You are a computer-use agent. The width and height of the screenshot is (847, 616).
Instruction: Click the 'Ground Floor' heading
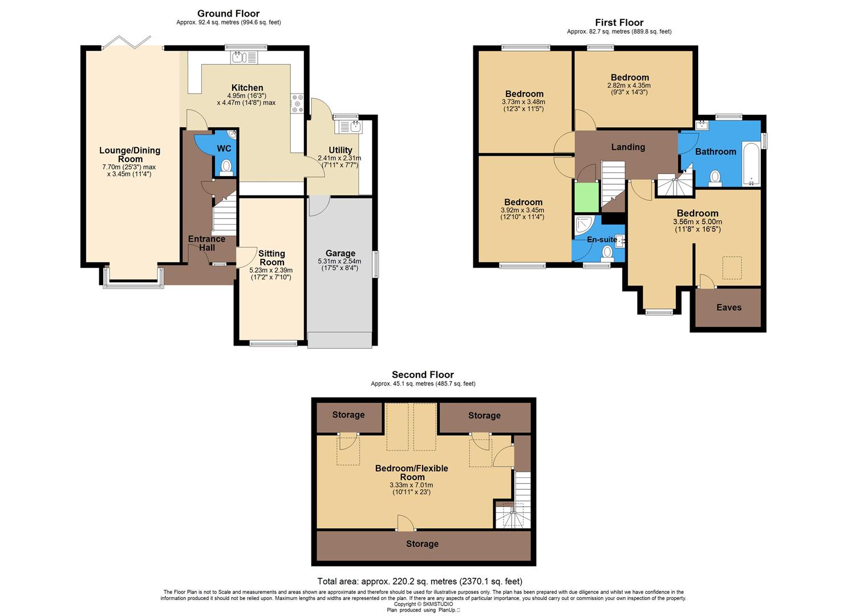228,13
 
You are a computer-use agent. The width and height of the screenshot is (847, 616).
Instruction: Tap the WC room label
224,148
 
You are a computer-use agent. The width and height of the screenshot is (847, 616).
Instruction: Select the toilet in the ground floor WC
226,167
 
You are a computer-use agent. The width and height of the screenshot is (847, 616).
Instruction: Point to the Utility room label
340,150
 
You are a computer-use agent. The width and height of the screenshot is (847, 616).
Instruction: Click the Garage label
340,253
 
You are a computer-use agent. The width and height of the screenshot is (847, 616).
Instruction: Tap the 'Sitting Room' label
271,258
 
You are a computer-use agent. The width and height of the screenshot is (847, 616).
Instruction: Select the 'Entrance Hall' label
207,243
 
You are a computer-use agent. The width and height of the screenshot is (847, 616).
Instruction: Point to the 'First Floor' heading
619,23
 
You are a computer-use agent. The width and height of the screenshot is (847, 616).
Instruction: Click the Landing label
628,147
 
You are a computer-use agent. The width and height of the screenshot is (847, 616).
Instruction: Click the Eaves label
728,307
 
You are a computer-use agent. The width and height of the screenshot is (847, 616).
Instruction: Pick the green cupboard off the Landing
586,196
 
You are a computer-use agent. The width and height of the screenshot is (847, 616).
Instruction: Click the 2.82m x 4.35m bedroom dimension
629,86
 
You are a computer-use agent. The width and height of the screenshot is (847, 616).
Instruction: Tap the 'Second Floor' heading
423,375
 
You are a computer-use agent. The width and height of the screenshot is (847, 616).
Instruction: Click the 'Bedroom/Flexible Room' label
412,472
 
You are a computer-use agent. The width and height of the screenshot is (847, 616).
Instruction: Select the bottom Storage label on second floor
422,544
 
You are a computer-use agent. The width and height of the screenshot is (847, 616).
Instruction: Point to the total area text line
419,582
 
